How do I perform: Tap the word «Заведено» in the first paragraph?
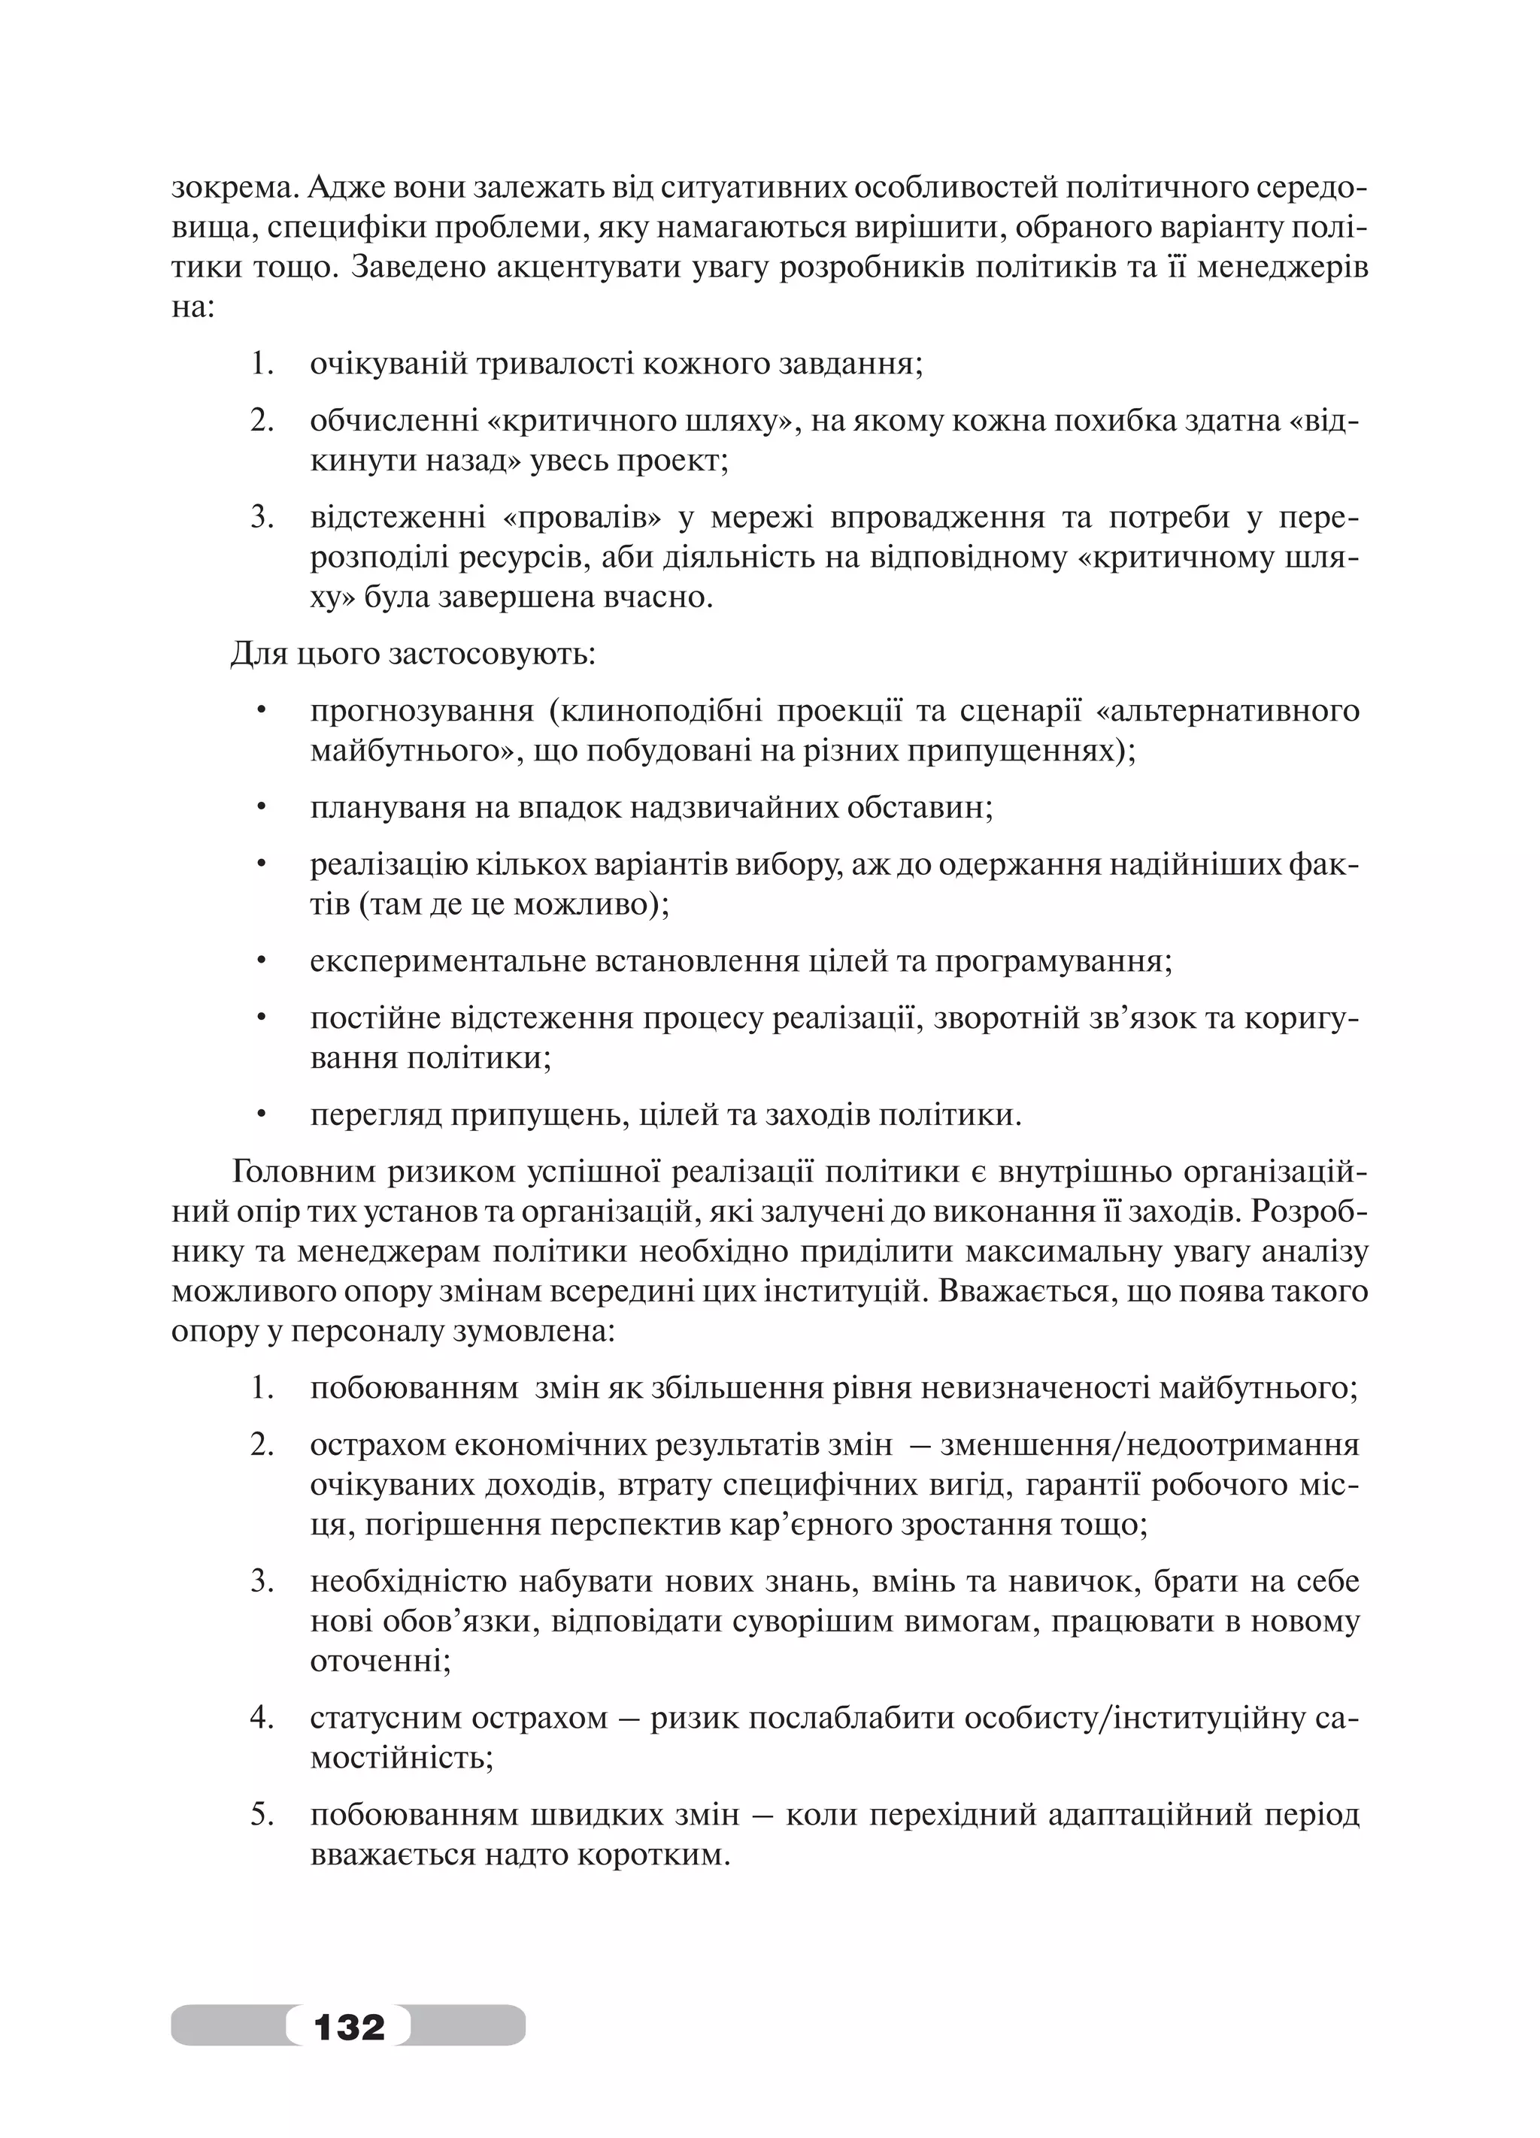pyautogui.click(x=416, y=268)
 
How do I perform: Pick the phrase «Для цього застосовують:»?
pyautogui.click(x=412, y=653)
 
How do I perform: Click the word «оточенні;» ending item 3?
pyautogui.click(x=380, y=1660)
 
